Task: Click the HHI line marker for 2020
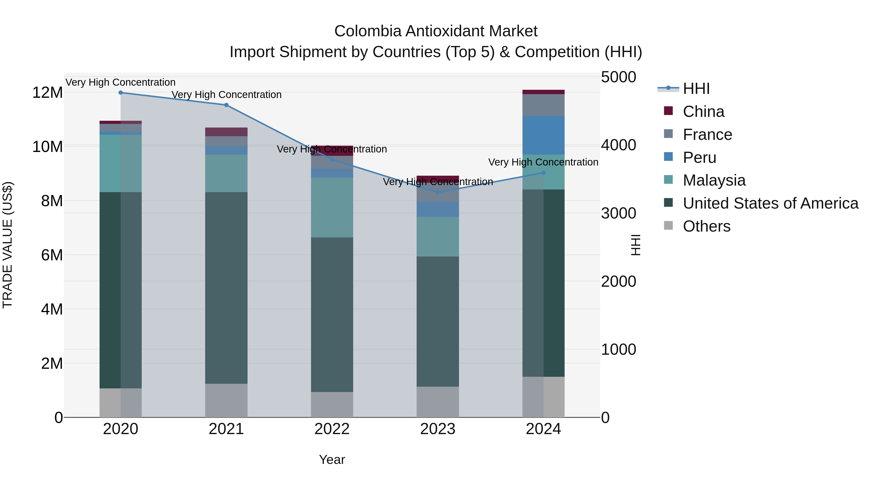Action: click(x=121, y=92)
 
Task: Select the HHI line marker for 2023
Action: click(x=438, y=192)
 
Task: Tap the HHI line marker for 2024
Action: click(x=543, y=173)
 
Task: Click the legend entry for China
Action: click(x=703, y=112)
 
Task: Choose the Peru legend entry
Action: click(x=699, y=158)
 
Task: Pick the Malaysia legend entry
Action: click(x=714, y=180)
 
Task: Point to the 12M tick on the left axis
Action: click(x=47, y=92)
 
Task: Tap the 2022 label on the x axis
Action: click(x=332, y=429)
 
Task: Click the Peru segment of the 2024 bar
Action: click(x=543, y=135)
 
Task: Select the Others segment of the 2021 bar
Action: click(x=226, y=400)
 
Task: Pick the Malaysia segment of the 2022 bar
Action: click(x=332, y=207)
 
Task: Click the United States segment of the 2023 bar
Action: click(x=438, y=321)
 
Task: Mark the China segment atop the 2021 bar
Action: click(x=226, y=132)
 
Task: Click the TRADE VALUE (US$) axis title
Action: click(x=8, y=245)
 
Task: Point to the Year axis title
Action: click(x=332, y=460)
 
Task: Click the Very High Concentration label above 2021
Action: click(x=226, y=95)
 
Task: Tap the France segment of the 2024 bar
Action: click(x=543, y=105)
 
